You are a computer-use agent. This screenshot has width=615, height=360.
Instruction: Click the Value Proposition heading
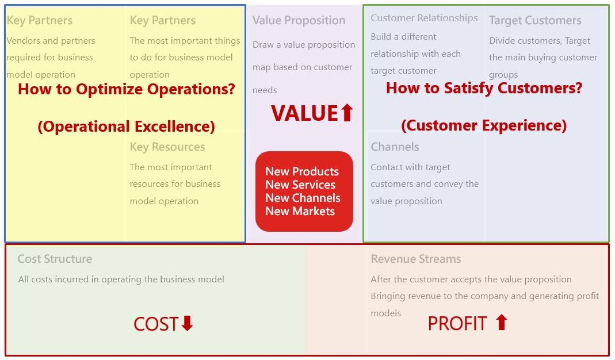(299, 20)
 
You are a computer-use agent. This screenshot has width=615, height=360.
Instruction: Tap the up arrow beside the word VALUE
(347, 113)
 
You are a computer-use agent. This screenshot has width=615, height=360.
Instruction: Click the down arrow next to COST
(187, 324)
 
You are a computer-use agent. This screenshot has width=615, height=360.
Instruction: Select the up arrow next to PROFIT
(501, 323)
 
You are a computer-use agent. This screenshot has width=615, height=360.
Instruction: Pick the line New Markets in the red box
(300, 211)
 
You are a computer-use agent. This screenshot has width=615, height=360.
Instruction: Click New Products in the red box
(302, 171)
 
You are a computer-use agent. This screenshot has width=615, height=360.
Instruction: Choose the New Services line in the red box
(300, 185)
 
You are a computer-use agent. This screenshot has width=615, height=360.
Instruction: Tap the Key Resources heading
(167, 147)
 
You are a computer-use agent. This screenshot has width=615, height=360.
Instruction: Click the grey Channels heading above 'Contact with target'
(395, 147)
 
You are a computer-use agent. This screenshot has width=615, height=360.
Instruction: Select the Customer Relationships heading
(425, 18)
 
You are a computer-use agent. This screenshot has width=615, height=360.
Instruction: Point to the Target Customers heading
(536, 20)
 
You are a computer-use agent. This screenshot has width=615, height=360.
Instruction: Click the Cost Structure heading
(55, 259)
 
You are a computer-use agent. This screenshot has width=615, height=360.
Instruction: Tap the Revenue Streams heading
(416, 259)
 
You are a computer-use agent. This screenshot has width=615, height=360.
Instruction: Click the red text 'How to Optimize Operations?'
(127, 89)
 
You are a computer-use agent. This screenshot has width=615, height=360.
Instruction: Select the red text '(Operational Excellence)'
(127, 127)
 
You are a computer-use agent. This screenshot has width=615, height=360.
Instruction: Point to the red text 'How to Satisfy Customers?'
(484, 88)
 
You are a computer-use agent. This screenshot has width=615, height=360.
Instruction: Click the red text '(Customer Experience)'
(484, 125)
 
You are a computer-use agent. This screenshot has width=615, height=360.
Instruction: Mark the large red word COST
(156, 324)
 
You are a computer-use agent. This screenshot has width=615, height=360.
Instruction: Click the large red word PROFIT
(457, 324)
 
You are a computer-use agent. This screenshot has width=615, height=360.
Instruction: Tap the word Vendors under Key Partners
(23, 41)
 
